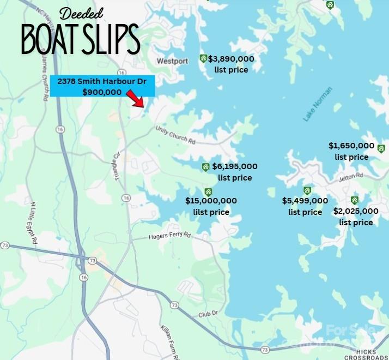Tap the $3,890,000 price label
(231, 59)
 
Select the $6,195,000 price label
(235, 166)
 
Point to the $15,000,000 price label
(211, 201)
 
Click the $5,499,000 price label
(305, 201)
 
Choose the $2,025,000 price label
(356, 211)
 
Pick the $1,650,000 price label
(351, 146)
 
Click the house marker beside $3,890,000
(203, 58)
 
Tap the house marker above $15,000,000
(208, 191)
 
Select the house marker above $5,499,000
(307, 190)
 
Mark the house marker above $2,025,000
(355, 200)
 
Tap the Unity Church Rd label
(175, 136)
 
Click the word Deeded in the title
(81, 13)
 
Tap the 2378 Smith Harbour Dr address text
(102, 81)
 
